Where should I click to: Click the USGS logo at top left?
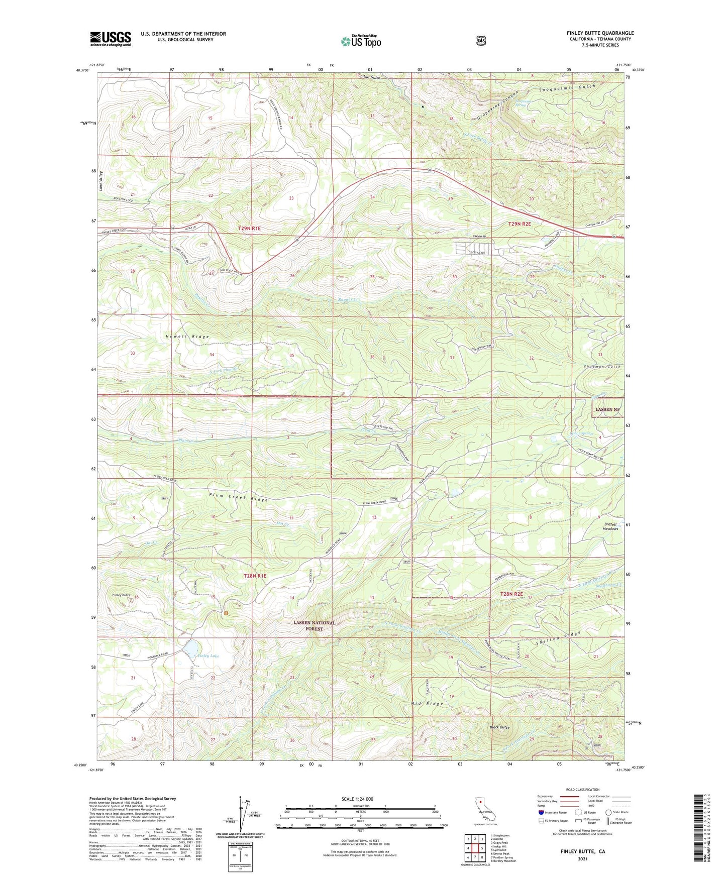[111, 39]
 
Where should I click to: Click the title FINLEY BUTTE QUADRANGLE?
[600, 33]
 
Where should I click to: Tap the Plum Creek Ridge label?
[239, 497]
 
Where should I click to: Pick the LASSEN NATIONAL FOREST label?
[315, 625]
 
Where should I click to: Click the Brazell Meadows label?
[610, 526]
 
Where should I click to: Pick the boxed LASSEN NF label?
[607, 409]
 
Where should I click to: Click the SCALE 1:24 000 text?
[357, 799]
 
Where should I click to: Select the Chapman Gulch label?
[602, 368]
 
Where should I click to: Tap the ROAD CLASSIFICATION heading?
[582, 790]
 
